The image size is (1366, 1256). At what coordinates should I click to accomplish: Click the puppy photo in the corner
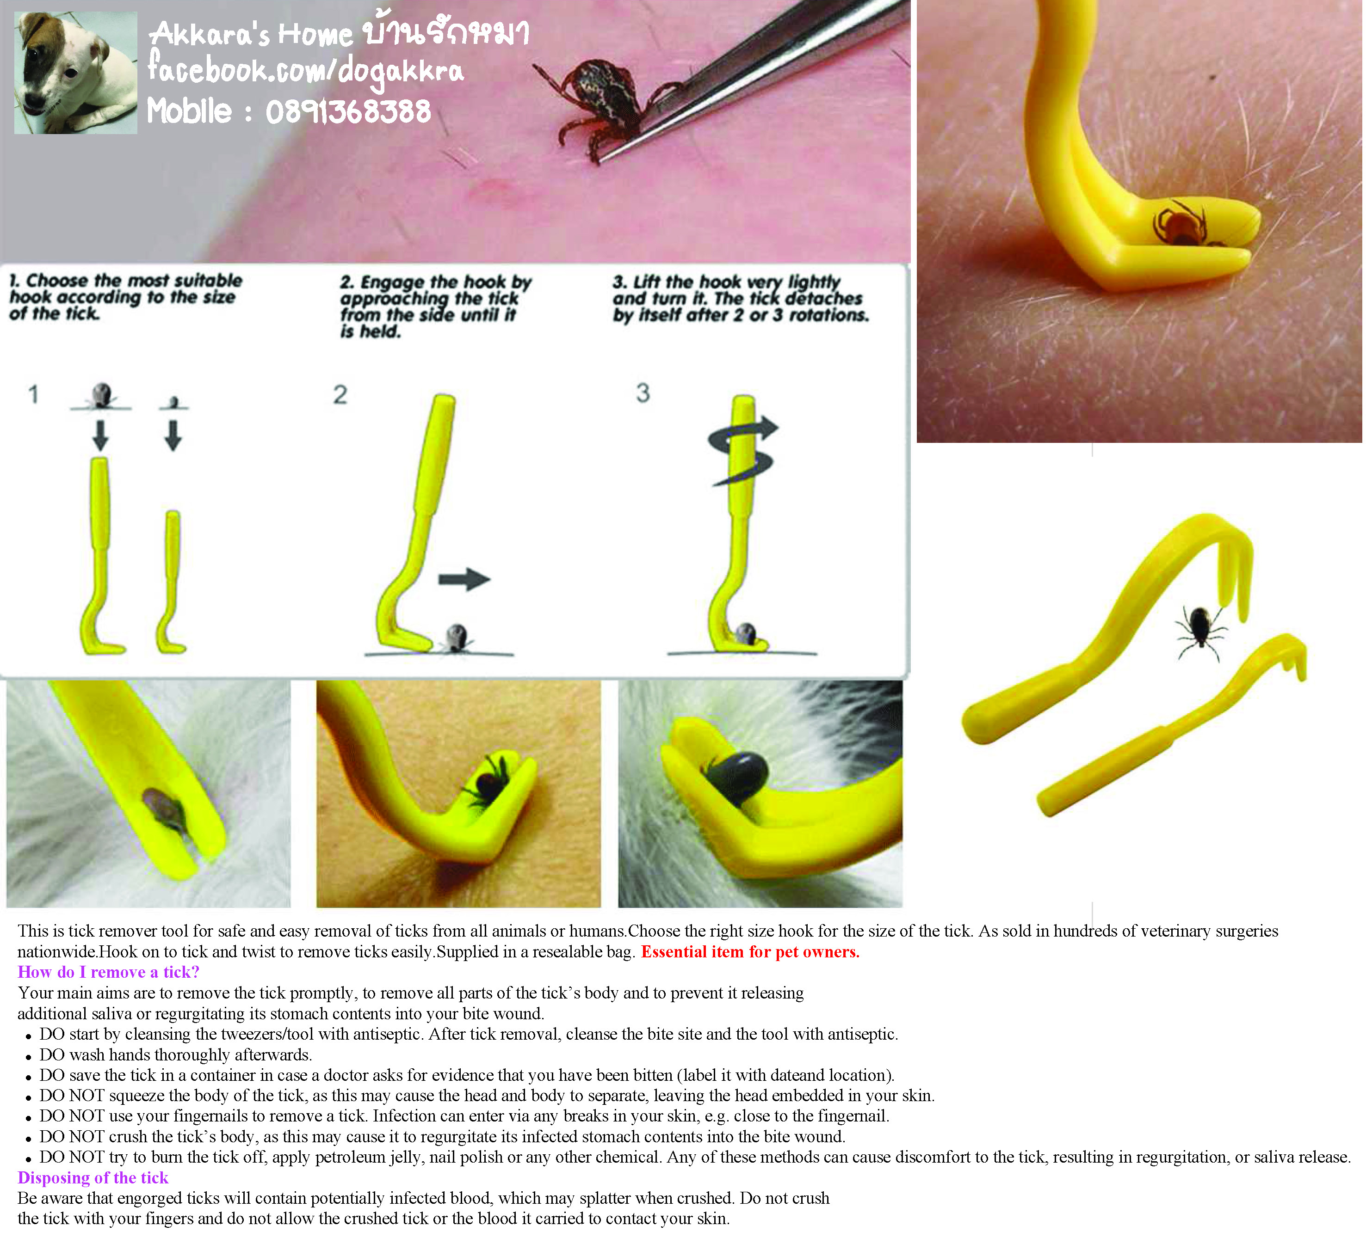tap(75, 73)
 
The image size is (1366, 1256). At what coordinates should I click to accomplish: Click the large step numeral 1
tap(33, 394)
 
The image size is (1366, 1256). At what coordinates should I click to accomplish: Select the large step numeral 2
tap(340, 394)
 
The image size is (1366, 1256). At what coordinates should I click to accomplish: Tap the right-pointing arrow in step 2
tap(464, 579)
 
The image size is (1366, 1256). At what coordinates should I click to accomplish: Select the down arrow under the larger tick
tap(101, 435)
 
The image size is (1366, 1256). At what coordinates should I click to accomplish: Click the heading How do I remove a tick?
tap(109, 972)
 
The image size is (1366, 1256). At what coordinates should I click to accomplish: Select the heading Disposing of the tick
tap(93, 1178)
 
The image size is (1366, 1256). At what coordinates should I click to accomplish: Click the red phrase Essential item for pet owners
tap(750, 951)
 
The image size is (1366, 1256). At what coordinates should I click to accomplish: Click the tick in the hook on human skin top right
tap(1182, 223)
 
